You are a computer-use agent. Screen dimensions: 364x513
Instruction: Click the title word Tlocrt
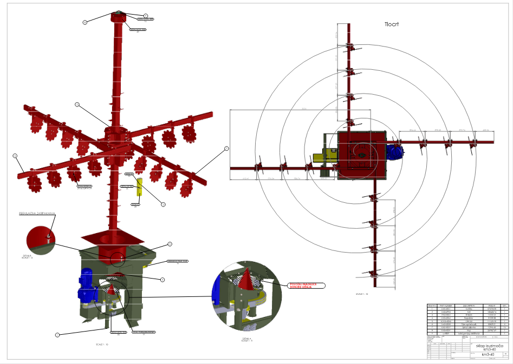395,24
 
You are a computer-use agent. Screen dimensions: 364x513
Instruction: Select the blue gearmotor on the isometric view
87,286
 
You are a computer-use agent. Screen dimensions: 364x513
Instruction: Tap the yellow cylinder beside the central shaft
139,186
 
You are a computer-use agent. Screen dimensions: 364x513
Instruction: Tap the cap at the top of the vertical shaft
118,16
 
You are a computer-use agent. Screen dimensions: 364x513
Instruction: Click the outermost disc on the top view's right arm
474,143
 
